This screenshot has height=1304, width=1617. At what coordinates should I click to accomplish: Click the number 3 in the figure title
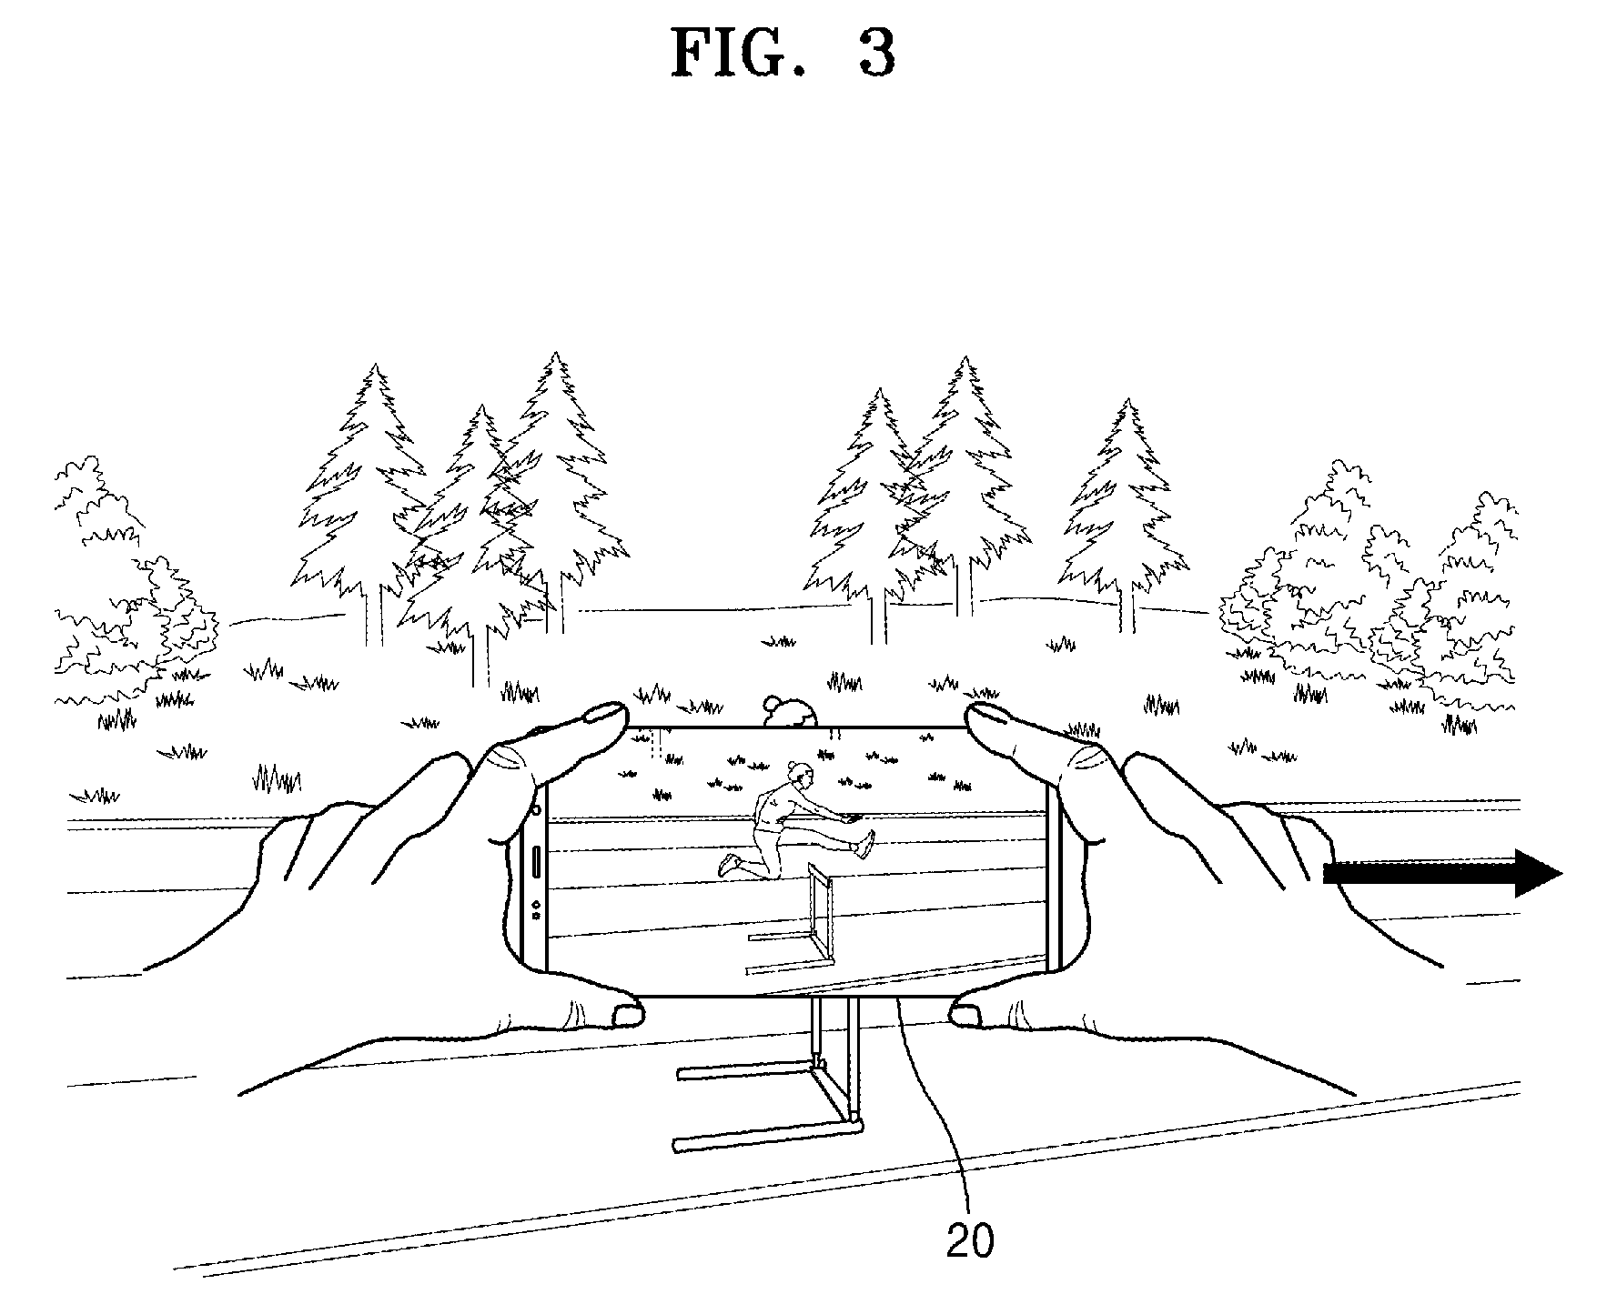click(875, 54)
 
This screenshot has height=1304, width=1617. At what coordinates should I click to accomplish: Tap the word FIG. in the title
click(738, 54)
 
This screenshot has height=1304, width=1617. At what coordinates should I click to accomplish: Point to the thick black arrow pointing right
click(1442, 873)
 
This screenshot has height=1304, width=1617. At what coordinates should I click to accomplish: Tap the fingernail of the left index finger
click(601, 712)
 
